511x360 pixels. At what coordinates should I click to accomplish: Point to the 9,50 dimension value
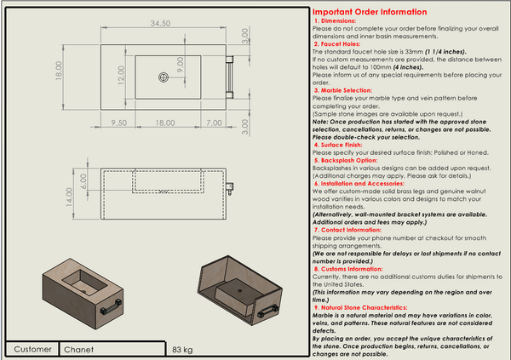[x=118, y=123]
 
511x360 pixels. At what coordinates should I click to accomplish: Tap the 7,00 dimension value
[x=214, y=123]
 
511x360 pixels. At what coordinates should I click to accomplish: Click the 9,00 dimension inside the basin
[x=180, y=63]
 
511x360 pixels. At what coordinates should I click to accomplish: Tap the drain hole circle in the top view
[x=162, y=77]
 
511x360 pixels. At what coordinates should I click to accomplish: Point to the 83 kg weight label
[x=182, y=350]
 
